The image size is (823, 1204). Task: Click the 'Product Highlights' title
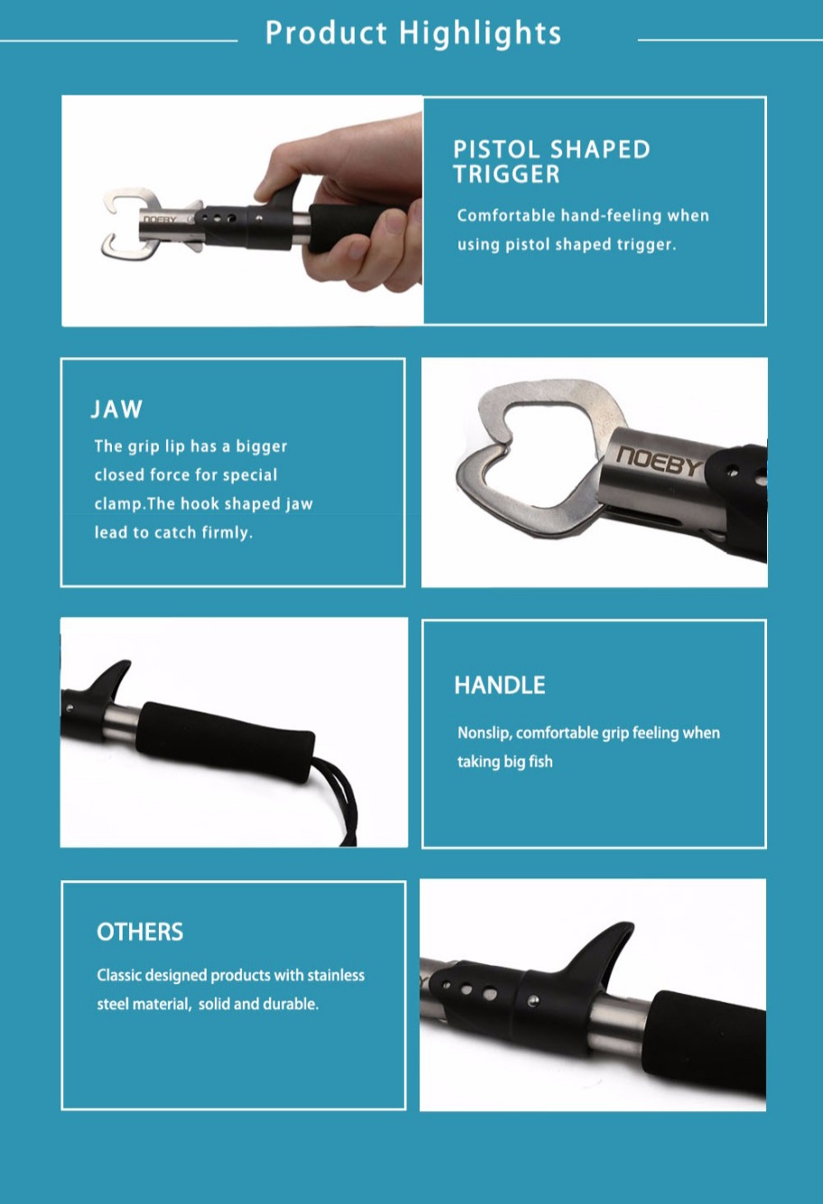[x=413, y=34]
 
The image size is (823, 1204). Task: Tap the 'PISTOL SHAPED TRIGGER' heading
[x=551, y=161]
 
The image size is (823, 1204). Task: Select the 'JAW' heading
[x=116, y=409]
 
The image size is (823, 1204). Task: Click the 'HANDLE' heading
[x=500, y=685]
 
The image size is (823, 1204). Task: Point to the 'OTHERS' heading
[x=140, y=932]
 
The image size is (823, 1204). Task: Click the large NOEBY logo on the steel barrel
[x=660, y=461]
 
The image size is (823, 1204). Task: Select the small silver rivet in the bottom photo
[x=533, y=1000]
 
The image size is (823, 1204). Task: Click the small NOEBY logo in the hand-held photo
[x=160, y=219]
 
